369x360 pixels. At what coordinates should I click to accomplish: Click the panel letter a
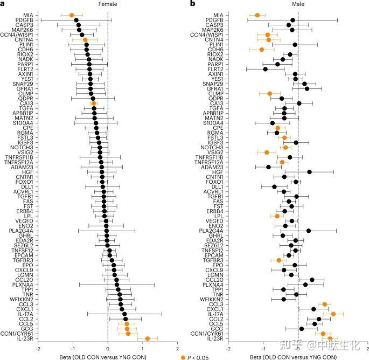point(3,4)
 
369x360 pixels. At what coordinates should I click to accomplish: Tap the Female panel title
point(107,4)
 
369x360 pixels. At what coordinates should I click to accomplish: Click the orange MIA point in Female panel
point(72,15)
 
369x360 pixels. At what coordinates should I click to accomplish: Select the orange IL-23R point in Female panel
point(147,338)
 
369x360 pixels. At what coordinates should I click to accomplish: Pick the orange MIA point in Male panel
point(257,15)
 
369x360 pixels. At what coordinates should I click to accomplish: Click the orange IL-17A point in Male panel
point(333,314)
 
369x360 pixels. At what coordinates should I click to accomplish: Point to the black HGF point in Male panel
point(309,172)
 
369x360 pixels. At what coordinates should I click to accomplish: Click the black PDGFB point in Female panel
point(76,20)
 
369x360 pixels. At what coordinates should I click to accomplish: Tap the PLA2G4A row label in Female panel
point(21,231)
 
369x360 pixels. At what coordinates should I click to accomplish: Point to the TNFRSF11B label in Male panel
point(208,157)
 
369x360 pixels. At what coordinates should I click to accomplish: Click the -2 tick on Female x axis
point(37,349)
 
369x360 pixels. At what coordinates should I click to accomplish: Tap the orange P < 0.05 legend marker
point(183,356)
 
